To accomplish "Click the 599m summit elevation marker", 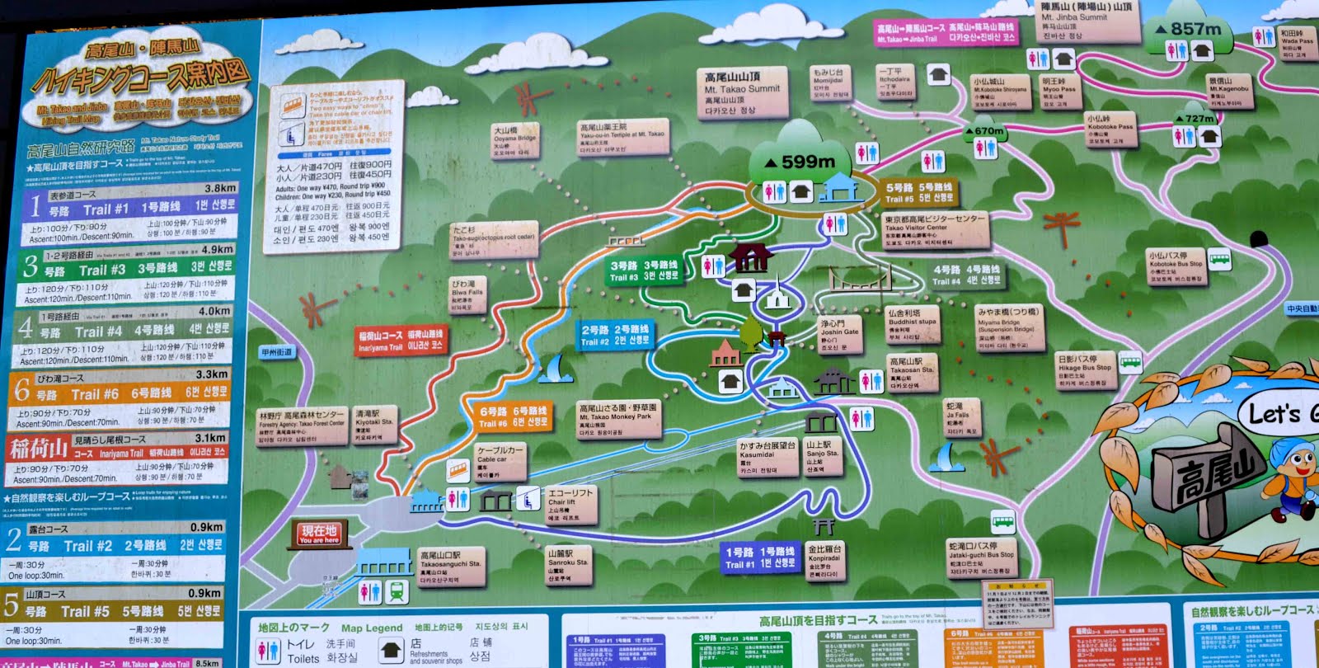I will tap(799, 162).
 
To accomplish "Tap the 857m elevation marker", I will tap(1188, 30).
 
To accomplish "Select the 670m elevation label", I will tap(984, 131).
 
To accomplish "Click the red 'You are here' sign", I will tap(319, 534).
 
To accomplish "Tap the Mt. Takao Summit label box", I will tap(742, 92).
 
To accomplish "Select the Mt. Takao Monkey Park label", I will tap(618, 419).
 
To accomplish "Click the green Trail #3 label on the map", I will tap(644, 270).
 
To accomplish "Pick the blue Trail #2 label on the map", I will tap(615, 334).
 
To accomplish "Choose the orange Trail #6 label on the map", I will tap(514, 416).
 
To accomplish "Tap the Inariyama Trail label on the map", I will tap(401, 341).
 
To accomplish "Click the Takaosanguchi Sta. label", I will tap(450, 567).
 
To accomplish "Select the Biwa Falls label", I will tap(467, 294).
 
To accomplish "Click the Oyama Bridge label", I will tap(514, 140).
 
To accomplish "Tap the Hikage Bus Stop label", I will tap(1085, 370).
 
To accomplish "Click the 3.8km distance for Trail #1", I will tap(220, 188).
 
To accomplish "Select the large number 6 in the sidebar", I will tap(21, 389).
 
